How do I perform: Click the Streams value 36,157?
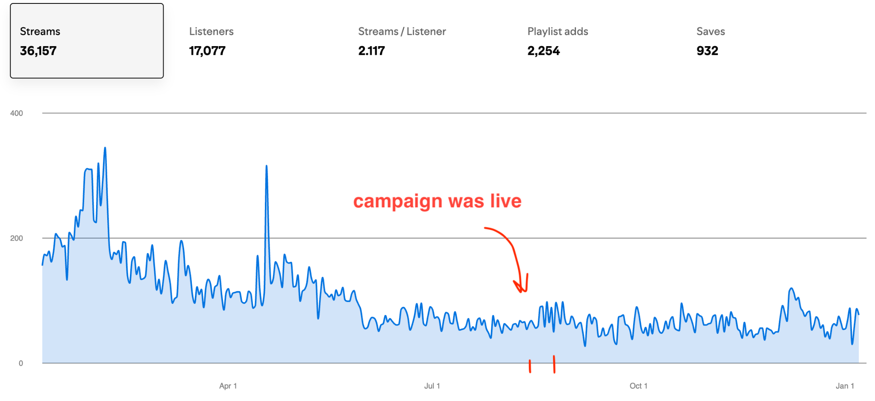(x=38, y=51)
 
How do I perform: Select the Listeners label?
(x=211, y=31)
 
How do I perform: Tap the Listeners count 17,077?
(x=207, y=51)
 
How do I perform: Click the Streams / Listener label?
(x=402, y=31)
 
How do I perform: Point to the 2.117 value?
(x=371, y=51)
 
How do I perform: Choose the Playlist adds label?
(x=558, y=31)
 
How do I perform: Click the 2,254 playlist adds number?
(x=543, y=51)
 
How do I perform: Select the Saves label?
(x=711, y=31)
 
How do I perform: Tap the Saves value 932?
(x=707, y=51)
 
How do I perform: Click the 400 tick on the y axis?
(x=17, y=113)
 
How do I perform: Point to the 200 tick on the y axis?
(x=17, y=238)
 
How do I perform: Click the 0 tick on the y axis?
(x=21, y=363)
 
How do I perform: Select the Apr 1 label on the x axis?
(x=228, y=386)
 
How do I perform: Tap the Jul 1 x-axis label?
(x=432, y=386)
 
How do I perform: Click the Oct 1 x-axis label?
(x=638, y=386)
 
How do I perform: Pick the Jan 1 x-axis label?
(x=845, y=386)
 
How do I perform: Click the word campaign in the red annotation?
(x=397, y=201)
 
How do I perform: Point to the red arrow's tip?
(x=522, y=292)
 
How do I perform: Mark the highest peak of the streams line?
(x=105, y=148)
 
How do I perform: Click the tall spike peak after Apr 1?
(x=267, y=166)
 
